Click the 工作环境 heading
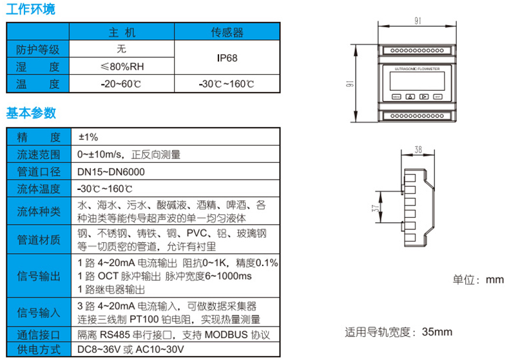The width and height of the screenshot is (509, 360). (x=31, y=10)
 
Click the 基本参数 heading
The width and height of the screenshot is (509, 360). (x=31, y=113)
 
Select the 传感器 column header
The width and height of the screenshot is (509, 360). (x=227, y=32)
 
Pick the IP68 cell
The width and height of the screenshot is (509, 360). (x=227, y=57)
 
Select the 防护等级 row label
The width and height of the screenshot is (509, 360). (x=38, y=49)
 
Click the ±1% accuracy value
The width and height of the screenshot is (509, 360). (x=88, y=137)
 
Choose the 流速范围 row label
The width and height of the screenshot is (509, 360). (x=38, y=155)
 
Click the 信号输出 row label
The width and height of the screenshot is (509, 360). (x=38, y=276)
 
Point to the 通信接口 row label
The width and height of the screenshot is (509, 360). (x=38, y=335)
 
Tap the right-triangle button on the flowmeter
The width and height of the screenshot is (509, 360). (x=424, y=97)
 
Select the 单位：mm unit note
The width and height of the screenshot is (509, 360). (x=477, y=279)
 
